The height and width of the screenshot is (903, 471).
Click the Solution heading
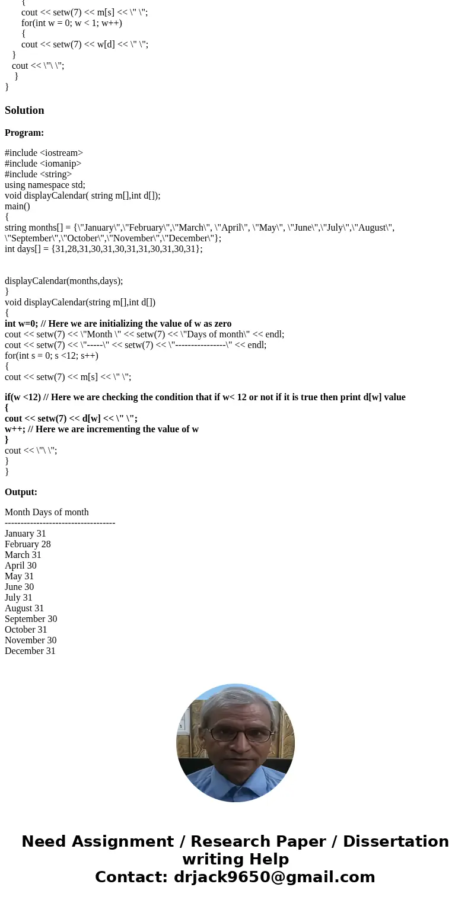tap(24, 110)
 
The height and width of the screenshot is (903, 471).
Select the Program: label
tap(24, 133)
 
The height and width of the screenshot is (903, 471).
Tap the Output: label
tap(21, 492)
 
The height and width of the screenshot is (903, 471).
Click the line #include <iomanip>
tap(43, 164)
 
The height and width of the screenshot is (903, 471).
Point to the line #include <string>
tap(38, 174)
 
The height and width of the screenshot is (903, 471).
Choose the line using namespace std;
tap(45, 185)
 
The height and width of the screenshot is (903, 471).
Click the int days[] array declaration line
tap(103, 249)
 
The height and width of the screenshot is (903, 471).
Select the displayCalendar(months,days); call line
tap(63, 281)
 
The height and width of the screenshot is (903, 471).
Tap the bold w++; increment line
tap(101, 429)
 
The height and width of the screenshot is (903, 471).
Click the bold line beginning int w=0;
tap(118, 324)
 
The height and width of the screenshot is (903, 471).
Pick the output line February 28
tap(27, 544)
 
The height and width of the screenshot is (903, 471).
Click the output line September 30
tap(31, 619)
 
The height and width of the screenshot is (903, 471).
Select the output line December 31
tap(30, 651)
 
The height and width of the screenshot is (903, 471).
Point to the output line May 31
tap(19, 576)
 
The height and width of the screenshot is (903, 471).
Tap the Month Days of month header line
tap(46, 512)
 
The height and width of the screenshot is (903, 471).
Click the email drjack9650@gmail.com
tap(274, 877)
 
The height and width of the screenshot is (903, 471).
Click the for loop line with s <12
tap(52, 356)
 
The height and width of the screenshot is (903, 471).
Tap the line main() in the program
tap(17, 206)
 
